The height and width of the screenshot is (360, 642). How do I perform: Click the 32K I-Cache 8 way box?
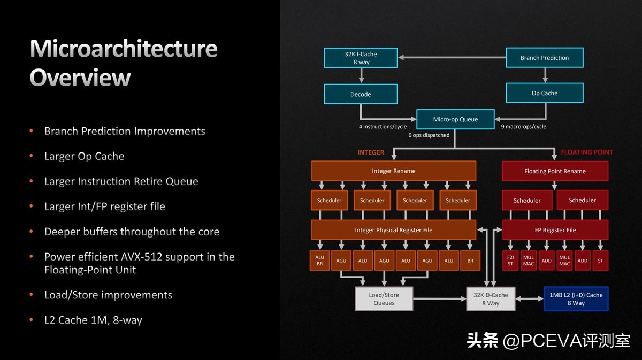pos(361,58)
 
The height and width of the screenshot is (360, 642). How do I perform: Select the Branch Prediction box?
pos(544,58)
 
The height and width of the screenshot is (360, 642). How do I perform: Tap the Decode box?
pos(361,94)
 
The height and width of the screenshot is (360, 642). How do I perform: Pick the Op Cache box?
pos(544,93)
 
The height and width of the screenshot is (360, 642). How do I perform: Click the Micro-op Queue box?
pos(455,119)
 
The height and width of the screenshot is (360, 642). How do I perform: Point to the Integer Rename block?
pos(393,171)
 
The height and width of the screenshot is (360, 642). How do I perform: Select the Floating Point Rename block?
pos(555,171)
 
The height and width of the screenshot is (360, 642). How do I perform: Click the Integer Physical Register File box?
pos(393,230)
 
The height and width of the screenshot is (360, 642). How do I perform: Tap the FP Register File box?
pos(555,230)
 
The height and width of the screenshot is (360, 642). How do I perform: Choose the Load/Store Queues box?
pos(384,298)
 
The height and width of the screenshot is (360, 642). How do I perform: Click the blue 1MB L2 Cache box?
pos(576,298)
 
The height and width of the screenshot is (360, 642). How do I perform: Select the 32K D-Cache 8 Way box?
pos(490,298)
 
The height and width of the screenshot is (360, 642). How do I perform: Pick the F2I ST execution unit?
pos(510,261)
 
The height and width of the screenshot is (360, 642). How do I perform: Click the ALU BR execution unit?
pos(319,261)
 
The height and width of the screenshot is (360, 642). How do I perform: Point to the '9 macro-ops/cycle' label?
pos(524,127)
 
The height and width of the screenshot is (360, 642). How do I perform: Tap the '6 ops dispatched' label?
pos(429,135)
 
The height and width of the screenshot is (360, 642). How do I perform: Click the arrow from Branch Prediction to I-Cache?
pos(452,57)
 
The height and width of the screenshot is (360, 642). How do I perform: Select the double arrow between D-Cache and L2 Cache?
pos(529,298)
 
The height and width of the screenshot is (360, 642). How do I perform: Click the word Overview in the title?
pos(80,78)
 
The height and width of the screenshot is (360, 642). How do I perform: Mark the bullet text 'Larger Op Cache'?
pos(84,156)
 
